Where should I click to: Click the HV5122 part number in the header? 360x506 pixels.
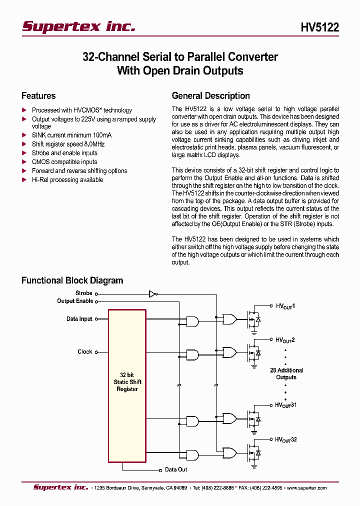(x=319, y=27)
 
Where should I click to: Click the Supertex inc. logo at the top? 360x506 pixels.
(x=78, y=26)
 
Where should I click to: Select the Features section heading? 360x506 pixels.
(x=38, y=96)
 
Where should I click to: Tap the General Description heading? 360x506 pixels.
(x=210, y=96)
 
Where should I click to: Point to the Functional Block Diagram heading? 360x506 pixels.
(x=72, y=280)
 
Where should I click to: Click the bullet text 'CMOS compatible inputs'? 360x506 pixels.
(x=64, y=162)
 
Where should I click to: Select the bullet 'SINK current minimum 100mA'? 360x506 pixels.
(x=71, y=135)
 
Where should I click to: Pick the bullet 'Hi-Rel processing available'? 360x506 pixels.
(x=67, y=180)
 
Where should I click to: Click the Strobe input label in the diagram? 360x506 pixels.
(x=83, y=293)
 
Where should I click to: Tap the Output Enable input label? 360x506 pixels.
(x=75, y=301)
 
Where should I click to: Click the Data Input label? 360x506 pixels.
(x=79, y=319)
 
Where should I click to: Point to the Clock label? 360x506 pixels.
(x=85, y=352)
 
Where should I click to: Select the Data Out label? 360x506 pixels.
(x=176, y=469)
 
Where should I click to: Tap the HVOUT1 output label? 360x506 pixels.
(x=285, y=305)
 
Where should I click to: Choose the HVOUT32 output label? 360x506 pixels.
(x=286, y=439)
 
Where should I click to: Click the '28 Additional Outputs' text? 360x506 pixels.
(x=286, y=374)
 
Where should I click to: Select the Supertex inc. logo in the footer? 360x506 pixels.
(x=60, y=487)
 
